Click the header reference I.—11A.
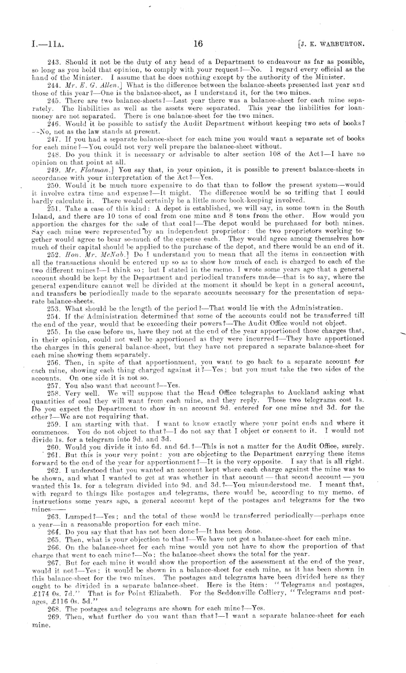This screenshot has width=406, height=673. [x=34, y=42]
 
